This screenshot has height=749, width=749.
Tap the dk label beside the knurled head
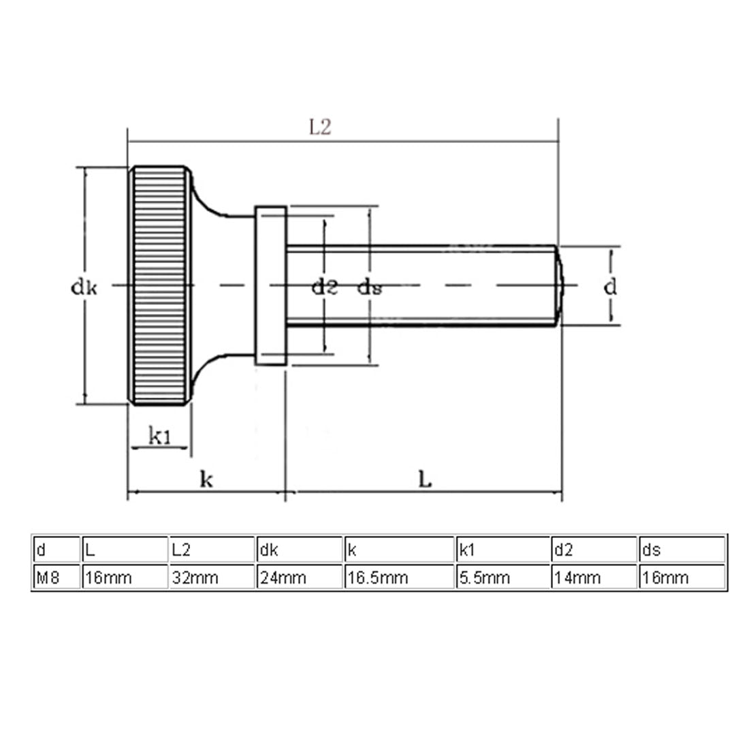[84, 287]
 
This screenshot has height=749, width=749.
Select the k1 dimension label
[159, 436]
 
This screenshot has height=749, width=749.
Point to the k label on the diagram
[206, 479]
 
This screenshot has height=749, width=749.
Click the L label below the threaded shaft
[424, 479]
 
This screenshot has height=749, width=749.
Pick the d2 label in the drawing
[325, 287]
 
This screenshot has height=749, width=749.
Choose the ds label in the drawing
[370, 287]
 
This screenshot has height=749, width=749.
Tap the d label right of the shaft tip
[611, 287]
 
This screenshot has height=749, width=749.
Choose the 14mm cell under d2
[577, 577]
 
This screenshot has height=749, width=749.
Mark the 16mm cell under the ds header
[665, 577]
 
